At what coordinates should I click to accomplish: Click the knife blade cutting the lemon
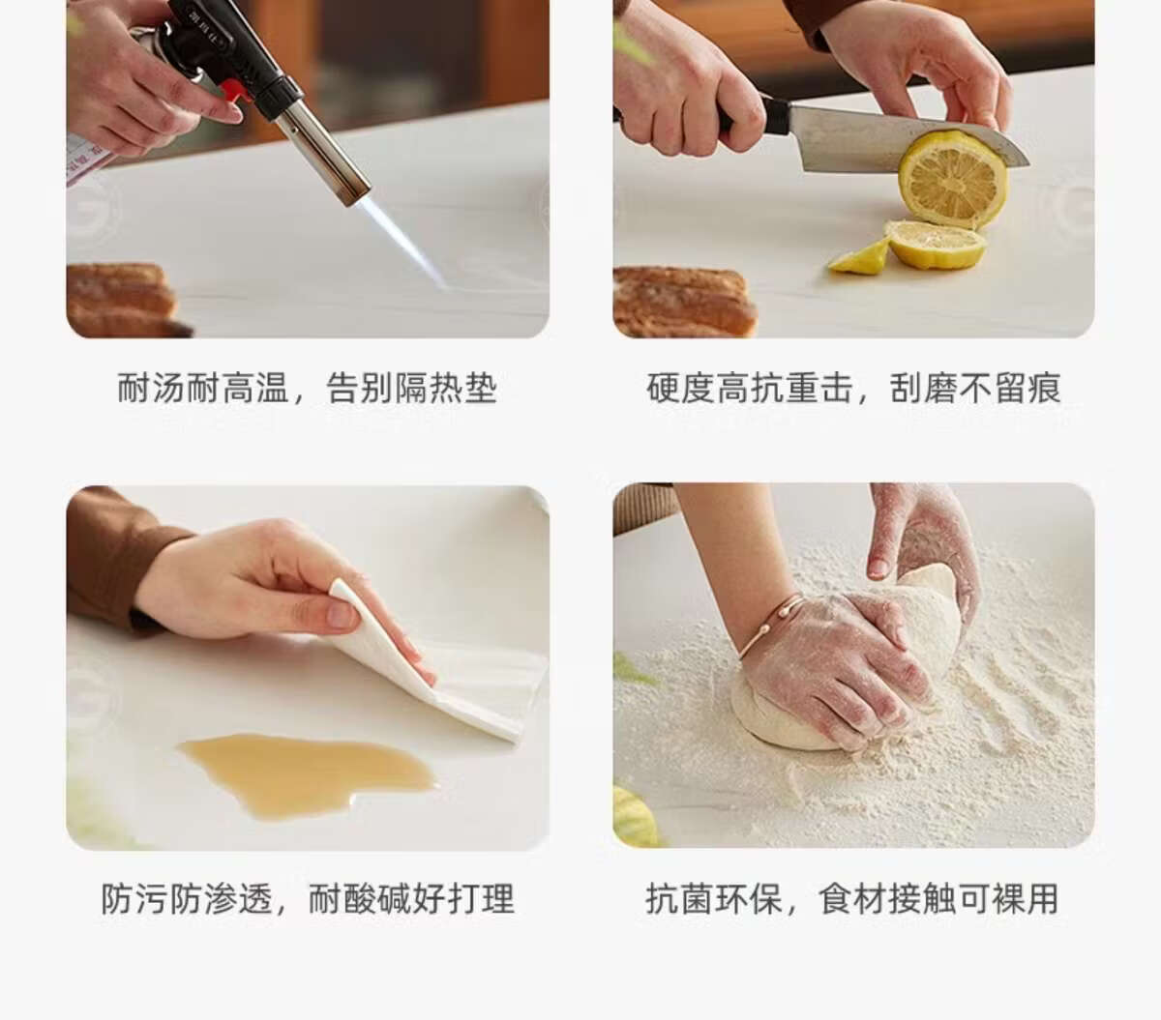894,140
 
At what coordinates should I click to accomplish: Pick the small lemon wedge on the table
858,258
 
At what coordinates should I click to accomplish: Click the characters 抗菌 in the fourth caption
680,898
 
